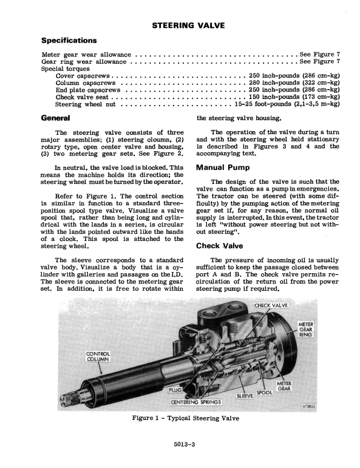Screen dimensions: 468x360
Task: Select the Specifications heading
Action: tap(68, 40)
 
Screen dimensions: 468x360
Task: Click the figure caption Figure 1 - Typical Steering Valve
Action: tap(180, 418)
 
